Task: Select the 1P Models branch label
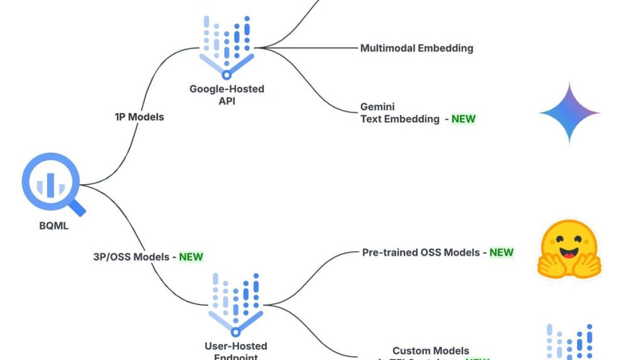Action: pyautogui.click(x=139, y=116)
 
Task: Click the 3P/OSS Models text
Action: pyautogui.click(x=132, y=257)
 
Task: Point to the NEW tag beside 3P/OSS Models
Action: pyautogui.click(x=191, y=257)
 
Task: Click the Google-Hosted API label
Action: pyautogui.click(x=226, y=94)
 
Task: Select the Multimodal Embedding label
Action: pyautogui.click(x=416, y=48)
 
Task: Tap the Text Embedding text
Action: pyautogui.click(x=400, y=119)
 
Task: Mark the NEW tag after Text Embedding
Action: pyautogui.click(x=463, y=119)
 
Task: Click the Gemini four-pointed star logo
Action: pyautogui.click(x=569, y=113)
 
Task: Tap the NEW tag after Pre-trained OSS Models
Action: pyautogui.click(x=501, y=252)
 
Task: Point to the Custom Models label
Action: pyautogui.click(x=431, y=351)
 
